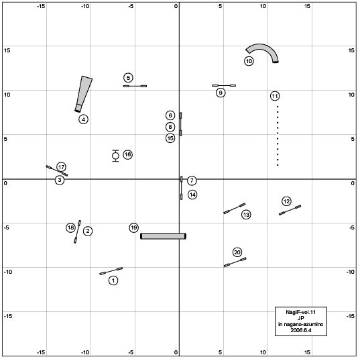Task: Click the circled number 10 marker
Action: pyautogui.click(x=249, y=61)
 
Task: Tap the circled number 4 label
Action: pyautogui.click(x=83, y=119)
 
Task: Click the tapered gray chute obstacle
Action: pyautogui.click(x=84, y=93)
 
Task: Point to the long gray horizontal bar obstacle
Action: pyautogui.click(x=163, y=236)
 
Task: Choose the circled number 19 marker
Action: pyautogui.click(x=133, y=227)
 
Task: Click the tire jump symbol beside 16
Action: pyautogui.click(x=115, y=156)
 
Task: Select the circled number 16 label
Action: pyautogui.click(x=127, y=154)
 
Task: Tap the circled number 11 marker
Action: pyautogui.click(x=275, y=96)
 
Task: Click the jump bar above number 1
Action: pyautogui.click(x=111, y=271)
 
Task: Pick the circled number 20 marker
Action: pyautogui.click(x=237, y=252)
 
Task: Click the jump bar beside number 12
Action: pyautogui.click(x=290, y=210)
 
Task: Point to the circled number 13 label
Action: pyautogui.click(x=246, y=215)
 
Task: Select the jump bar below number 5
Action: pyautogui.click(x=135, y=86)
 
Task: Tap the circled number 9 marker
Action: pyautogui.click(x=221, y=93)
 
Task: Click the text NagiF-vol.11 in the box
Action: pyautogui.click(x=300, y=313)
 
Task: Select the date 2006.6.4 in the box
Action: pyautogui.click(x=301, y=330)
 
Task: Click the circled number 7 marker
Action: pyautogui.click(x=192, y=180)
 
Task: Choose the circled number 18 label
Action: pyautogui.click(x=70, y=227)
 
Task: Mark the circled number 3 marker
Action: pyautogui.click(x=60, y=180)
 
